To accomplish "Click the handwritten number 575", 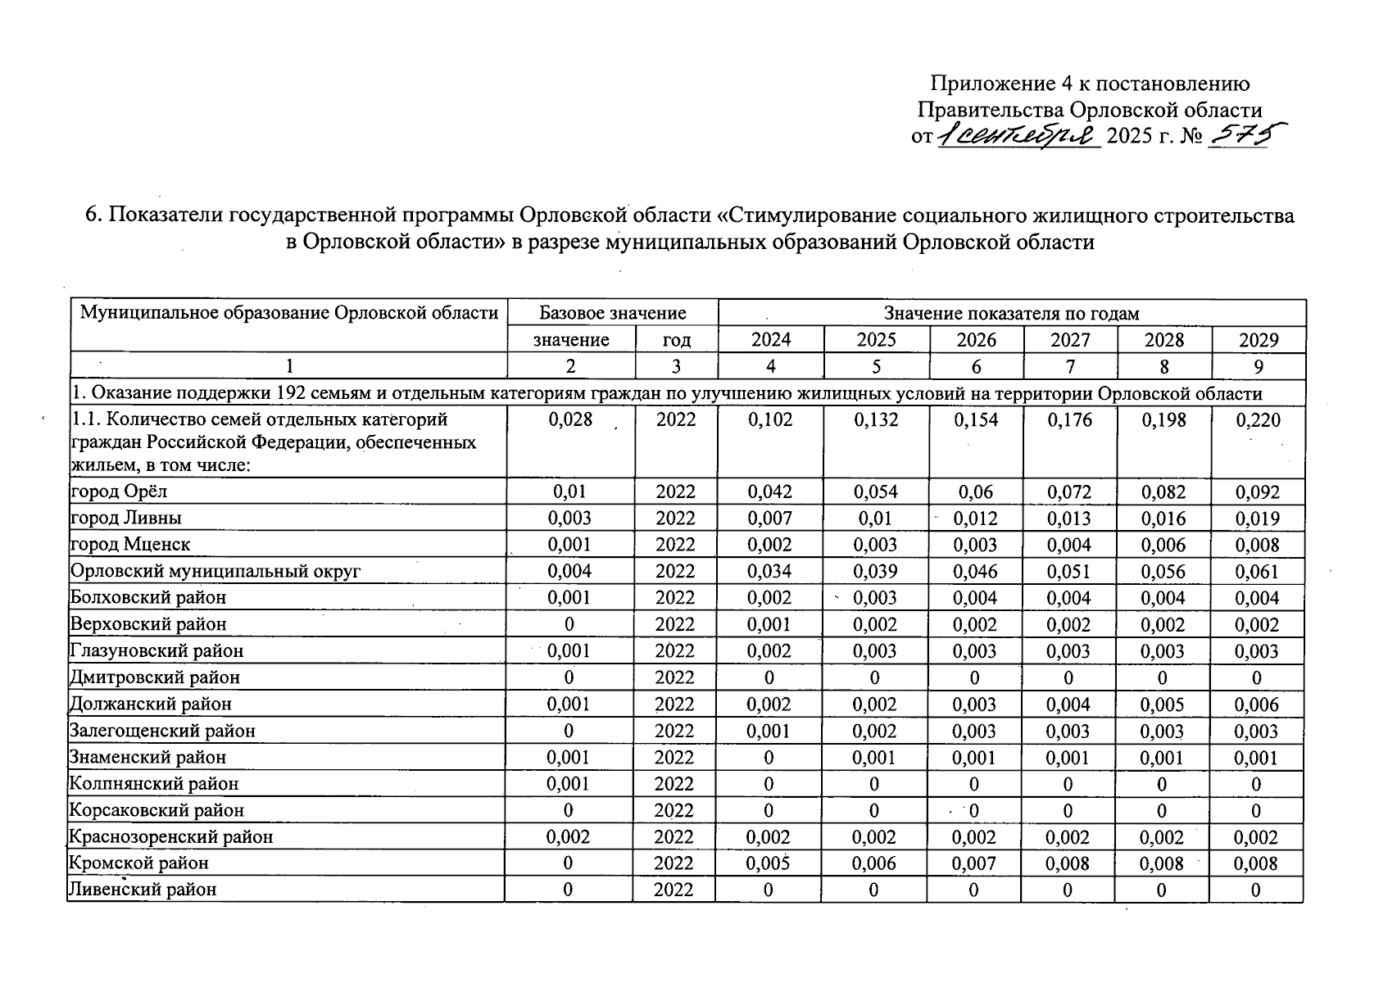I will (x=1238, y=135).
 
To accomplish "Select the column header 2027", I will (x=1070, y=340).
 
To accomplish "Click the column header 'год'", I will (x=676, y=340).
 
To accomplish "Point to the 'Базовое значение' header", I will (x=612, y=313).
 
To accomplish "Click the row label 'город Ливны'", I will (x=126, y=518).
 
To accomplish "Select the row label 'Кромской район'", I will (x=138, y=863).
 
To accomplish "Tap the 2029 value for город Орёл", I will (x=1257, y=492).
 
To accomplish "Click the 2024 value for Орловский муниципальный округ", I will (x=769, y=571).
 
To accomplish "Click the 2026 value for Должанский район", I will (x=975, y=704).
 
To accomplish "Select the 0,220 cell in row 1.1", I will (x=1258, y=420).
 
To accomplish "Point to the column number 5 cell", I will (x=876, y=366).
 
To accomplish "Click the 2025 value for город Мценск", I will (x=875, y=545).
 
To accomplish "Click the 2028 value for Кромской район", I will (x=1163, y=863).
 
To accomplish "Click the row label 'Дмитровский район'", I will (x=155, y=677).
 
